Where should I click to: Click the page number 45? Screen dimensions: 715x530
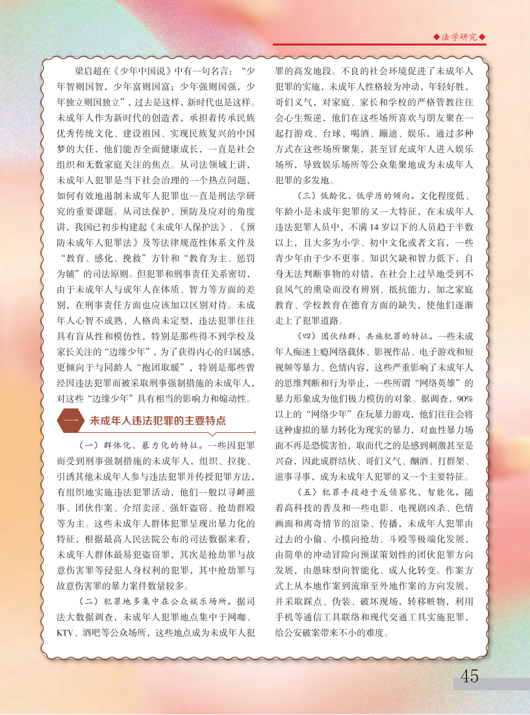[x=469, y=676]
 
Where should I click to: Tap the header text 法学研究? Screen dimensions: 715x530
[x=459, y=37]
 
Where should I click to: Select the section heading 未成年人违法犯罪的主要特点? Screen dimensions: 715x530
[x=149, y=421]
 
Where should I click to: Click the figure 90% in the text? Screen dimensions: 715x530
[x=464, y=398]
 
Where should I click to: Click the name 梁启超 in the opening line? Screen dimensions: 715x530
[x=90, y=71]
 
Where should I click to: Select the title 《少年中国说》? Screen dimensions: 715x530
[x=140, y=71]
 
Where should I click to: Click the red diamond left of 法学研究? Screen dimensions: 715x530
[x=436, y=37]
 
